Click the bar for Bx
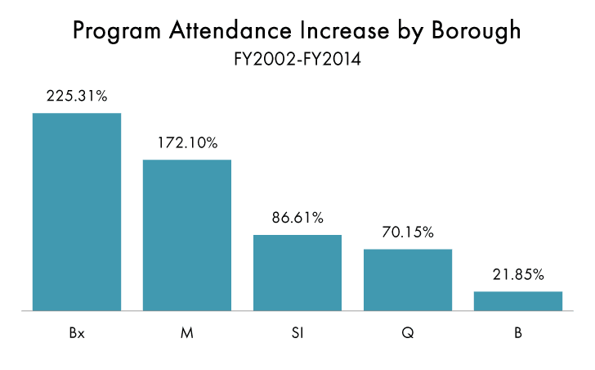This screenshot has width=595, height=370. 77,212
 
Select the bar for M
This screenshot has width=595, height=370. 187,235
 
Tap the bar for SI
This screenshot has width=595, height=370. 297,273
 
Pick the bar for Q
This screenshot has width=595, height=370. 408,280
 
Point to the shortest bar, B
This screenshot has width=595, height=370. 518,301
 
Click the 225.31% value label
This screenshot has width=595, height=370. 77,97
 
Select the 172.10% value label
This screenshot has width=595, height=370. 187,143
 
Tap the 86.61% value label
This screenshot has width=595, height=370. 297,219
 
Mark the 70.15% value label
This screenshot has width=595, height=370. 408,232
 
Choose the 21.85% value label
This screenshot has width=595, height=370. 518,275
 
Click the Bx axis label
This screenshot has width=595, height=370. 77,334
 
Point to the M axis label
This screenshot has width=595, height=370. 187,334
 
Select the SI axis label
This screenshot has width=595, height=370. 297,334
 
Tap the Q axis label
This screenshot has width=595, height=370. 408,334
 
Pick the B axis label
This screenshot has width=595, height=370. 518,334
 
